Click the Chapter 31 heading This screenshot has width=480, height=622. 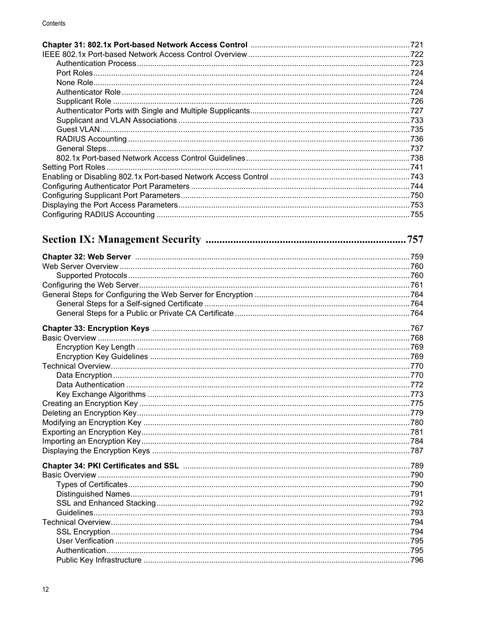(x=144, y=45)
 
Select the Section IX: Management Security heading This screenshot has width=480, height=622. (x=121, y=240)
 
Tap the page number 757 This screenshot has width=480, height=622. (x=415, y=240)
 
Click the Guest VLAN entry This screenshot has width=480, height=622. (x=78, y=129)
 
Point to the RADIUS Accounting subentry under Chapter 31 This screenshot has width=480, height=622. (x=91, y=139)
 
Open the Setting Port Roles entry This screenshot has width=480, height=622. (x=73, y=167)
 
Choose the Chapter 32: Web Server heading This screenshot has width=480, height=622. (x=86, y=257)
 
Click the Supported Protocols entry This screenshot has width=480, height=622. (x=92, y=275)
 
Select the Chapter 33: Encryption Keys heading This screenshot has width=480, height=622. (x=96, y=328)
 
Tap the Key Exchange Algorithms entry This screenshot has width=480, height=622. (x=101, y=394)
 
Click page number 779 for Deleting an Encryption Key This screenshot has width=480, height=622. (x=417, y=413)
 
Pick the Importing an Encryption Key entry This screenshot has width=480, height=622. (x=91, y=441)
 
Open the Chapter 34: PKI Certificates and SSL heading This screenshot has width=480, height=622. (x=110, y=466)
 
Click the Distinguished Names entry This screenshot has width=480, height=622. (x=93, y=494)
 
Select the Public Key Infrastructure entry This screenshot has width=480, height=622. (x=99, y=560)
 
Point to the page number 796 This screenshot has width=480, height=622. (x=417, y=560)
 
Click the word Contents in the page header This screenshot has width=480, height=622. (x=54, y=24)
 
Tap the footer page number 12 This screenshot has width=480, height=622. (x=46, y=590)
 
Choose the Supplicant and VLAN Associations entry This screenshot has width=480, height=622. (x=116, y=120)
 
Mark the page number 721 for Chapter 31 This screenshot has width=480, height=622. (x=417, y=45)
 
